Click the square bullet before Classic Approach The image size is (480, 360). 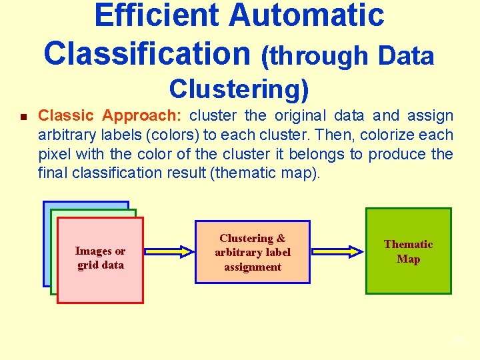(x=23, y=117)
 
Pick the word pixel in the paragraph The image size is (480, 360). (x=54, y=154)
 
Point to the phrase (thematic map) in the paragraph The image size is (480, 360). (x=273, y=173)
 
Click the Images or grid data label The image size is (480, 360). (x=100, y=257)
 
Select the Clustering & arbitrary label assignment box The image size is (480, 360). (x=253, y=252)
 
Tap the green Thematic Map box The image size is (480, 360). (x=409, y=251)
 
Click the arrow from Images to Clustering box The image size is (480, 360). (x=169, y=252)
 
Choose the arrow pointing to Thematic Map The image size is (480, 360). (x=337, y=252)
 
